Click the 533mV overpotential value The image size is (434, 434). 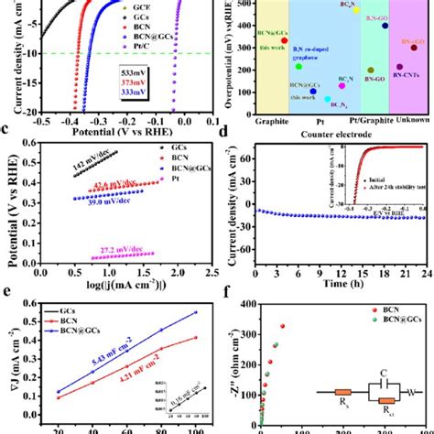[142, 71]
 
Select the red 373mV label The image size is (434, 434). [142, 81]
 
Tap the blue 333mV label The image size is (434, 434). [142, 92]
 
